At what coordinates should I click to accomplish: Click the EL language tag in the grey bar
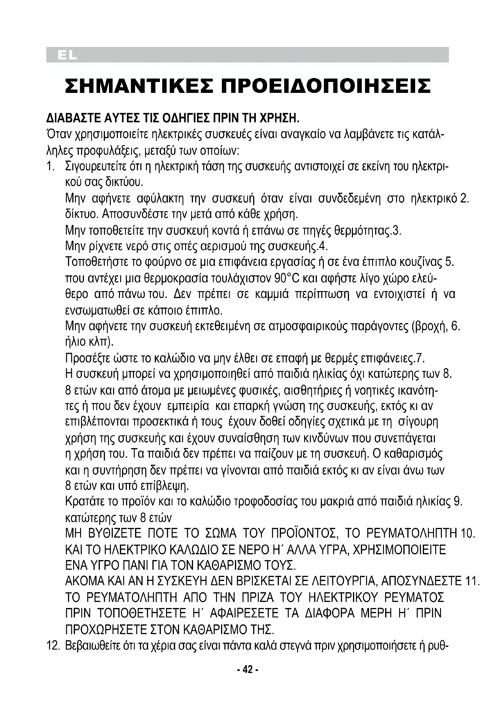(x=67, y=56)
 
